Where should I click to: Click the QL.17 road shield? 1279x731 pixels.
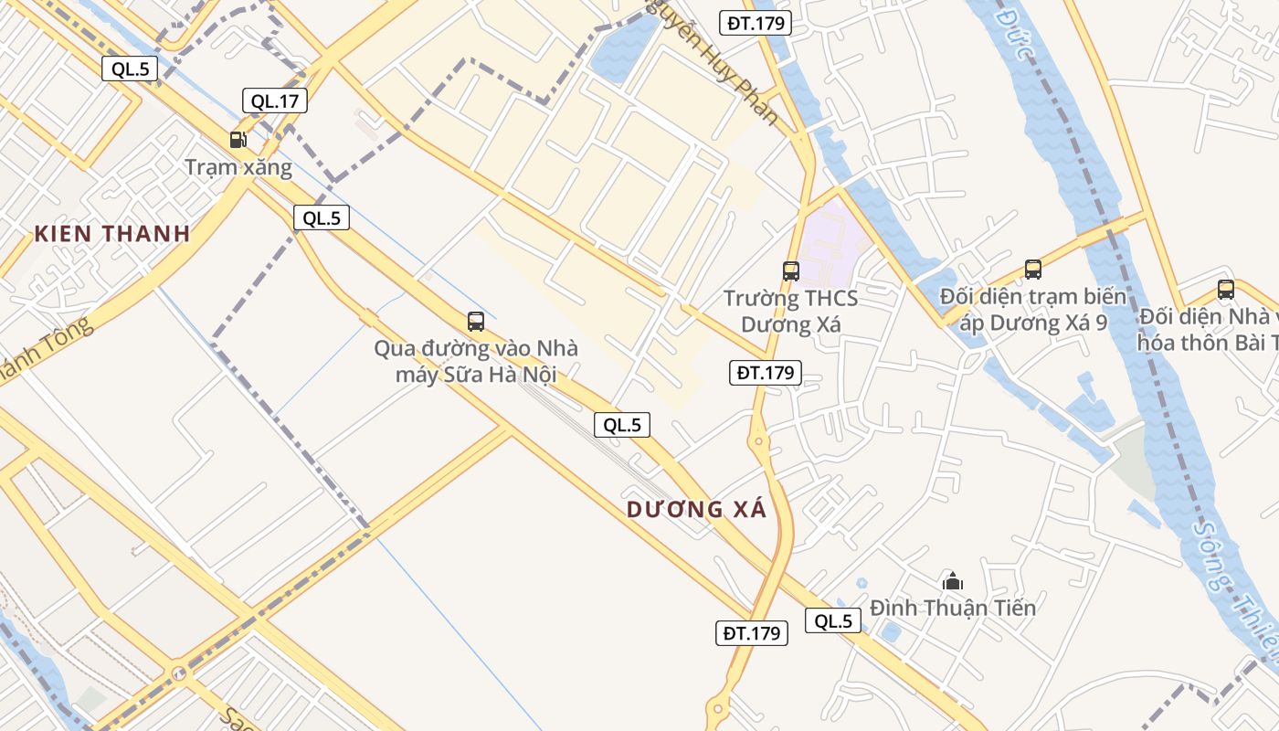[x=275, y=101]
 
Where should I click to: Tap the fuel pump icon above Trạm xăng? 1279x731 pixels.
[x=238, y=140]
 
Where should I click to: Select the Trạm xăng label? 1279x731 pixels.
[x=238, y=167]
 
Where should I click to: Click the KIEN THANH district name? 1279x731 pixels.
[x=112, y=233]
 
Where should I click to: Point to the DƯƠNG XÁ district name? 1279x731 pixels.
[x=696, y=510]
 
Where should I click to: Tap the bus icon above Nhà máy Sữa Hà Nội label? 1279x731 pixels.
[x=475, y=321]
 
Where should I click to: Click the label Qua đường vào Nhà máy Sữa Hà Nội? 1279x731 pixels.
[x=476, y=361]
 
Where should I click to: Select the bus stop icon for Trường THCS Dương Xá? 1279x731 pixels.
[x=791, y=270]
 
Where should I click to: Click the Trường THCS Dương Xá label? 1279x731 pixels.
[x=791, y=312]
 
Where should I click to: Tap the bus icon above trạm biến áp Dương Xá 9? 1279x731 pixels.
[x=1033, y=269]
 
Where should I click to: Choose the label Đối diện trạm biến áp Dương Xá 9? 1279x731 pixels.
[x=1032, y=310]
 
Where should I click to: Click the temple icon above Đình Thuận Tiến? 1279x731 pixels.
[x=953, y=580]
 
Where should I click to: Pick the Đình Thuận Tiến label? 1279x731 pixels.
[x=953, y=608]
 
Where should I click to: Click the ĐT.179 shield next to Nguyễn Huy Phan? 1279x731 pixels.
[x=755, y=23]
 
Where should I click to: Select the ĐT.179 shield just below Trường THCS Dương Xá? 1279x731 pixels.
[x=766, y=372]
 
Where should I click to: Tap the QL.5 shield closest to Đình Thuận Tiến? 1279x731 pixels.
[x=833, y=621]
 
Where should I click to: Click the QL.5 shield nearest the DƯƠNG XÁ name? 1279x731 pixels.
[x=622, y=425]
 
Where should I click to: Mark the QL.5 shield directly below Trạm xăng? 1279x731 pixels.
[x=322, y=217]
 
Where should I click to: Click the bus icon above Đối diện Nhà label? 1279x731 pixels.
[x=1226, y=290]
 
